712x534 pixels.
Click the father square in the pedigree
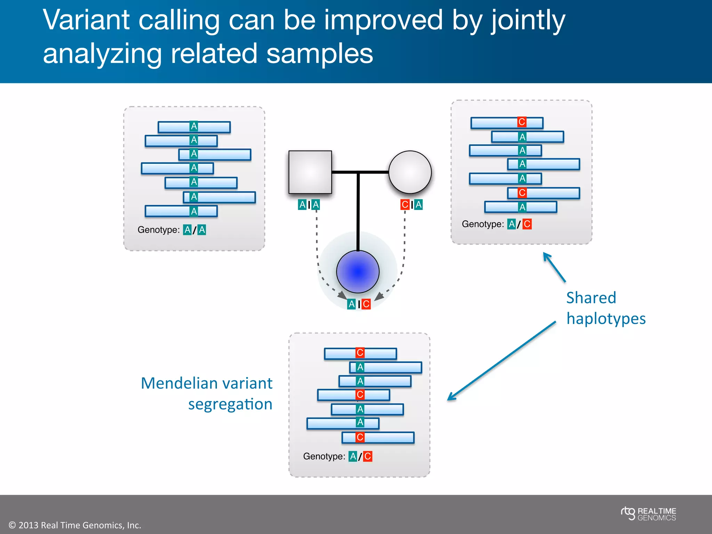(x=310, y=172)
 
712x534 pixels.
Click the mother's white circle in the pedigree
(x=410, y=172)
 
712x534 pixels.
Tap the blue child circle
(x=358, y=272)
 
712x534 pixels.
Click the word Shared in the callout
(x=591, y=298)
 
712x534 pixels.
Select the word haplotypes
(x=606, y=319)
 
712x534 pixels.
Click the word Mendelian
(x=179, y=383)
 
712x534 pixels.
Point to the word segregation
(x=230, y=405)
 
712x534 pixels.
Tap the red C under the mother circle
(x=405, y=205)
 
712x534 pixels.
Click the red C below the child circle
(x=366, y=304)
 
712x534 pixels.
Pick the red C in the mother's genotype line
(x=527, y=224)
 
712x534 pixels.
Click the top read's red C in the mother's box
(x=521, y=122)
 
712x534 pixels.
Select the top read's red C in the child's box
(x=360, y=353)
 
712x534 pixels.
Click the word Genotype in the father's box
(x=158, y=230)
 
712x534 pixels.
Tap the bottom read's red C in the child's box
(x=360, y=437)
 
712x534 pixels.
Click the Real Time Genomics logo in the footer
(x=648, y=514)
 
